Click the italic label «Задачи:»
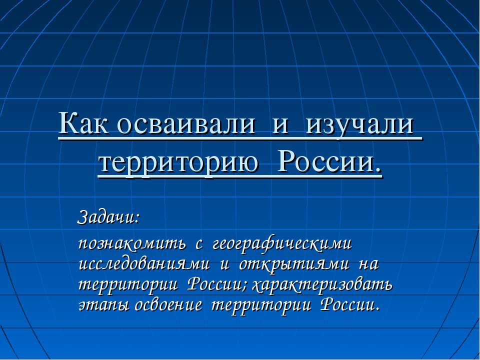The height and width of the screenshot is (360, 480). pos(108,217)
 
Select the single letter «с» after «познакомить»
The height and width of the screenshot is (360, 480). pos(198,245)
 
